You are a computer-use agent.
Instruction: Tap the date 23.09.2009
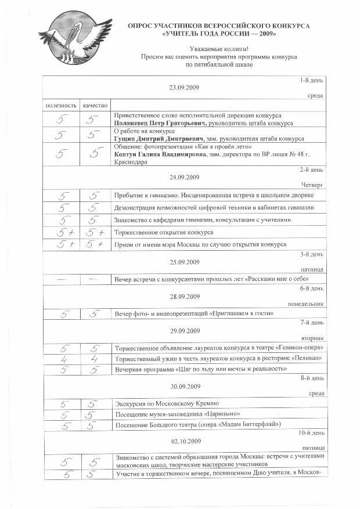pyautogui.click(x=184, y=87)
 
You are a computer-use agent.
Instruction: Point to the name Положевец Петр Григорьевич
pyautogui.click(x=156, y=123)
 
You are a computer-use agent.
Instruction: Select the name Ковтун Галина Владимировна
pyautogui.click(x=160, y=155)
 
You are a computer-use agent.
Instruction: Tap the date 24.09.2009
pyautogui.click(x=184, y=177)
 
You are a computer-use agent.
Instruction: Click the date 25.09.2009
pyautogui.click(x=184, y=262)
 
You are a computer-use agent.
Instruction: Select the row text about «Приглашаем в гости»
pyautogui.click(x=195, y=313)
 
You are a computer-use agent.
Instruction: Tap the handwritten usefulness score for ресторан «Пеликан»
pyautogui.click(x=62, y=359)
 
